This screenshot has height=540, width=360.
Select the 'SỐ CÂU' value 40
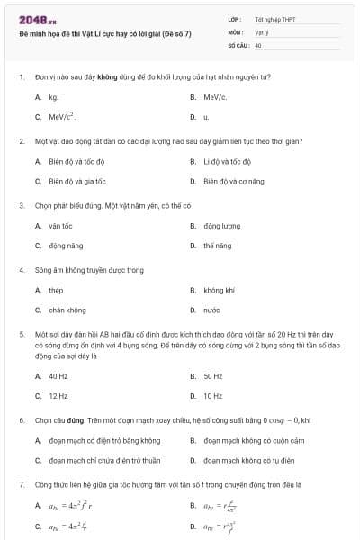259,45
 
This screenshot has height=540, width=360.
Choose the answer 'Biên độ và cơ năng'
233,181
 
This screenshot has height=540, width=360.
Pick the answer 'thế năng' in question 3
217,246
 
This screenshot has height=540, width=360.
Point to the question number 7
21,485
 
